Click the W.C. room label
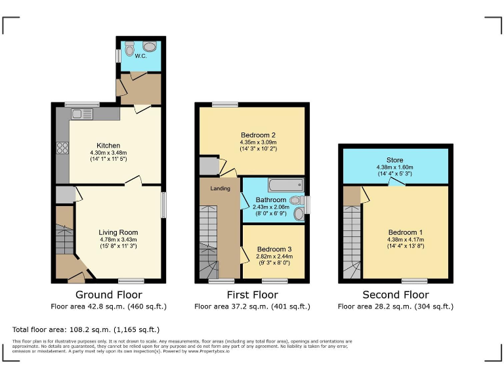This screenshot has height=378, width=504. click(140, 56)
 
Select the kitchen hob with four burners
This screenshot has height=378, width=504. click(63, 148)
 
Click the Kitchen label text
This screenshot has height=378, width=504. click(108, 146)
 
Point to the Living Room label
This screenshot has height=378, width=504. click(118, 232)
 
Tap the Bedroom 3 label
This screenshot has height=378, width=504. click(274, 249)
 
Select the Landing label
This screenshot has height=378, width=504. click(220, 189)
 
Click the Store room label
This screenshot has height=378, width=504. click(394, 160)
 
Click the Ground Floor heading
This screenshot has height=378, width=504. click(109, 295)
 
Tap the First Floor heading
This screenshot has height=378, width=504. click(252, 295)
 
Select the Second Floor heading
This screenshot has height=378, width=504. click(395, 295)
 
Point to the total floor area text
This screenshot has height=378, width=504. click(86, 329)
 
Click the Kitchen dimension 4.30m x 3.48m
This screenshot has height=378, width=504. click(108, 153)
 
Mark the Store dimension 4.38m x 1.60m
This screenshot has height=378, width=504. click(395, 167)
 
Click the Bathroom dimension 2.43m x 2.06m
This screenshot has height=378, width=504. click(271, 207)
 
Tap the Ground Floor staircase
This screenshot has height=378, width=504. click(64, 240)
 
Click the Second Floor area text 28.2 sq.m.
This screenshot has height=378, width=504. click(395, 306)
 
